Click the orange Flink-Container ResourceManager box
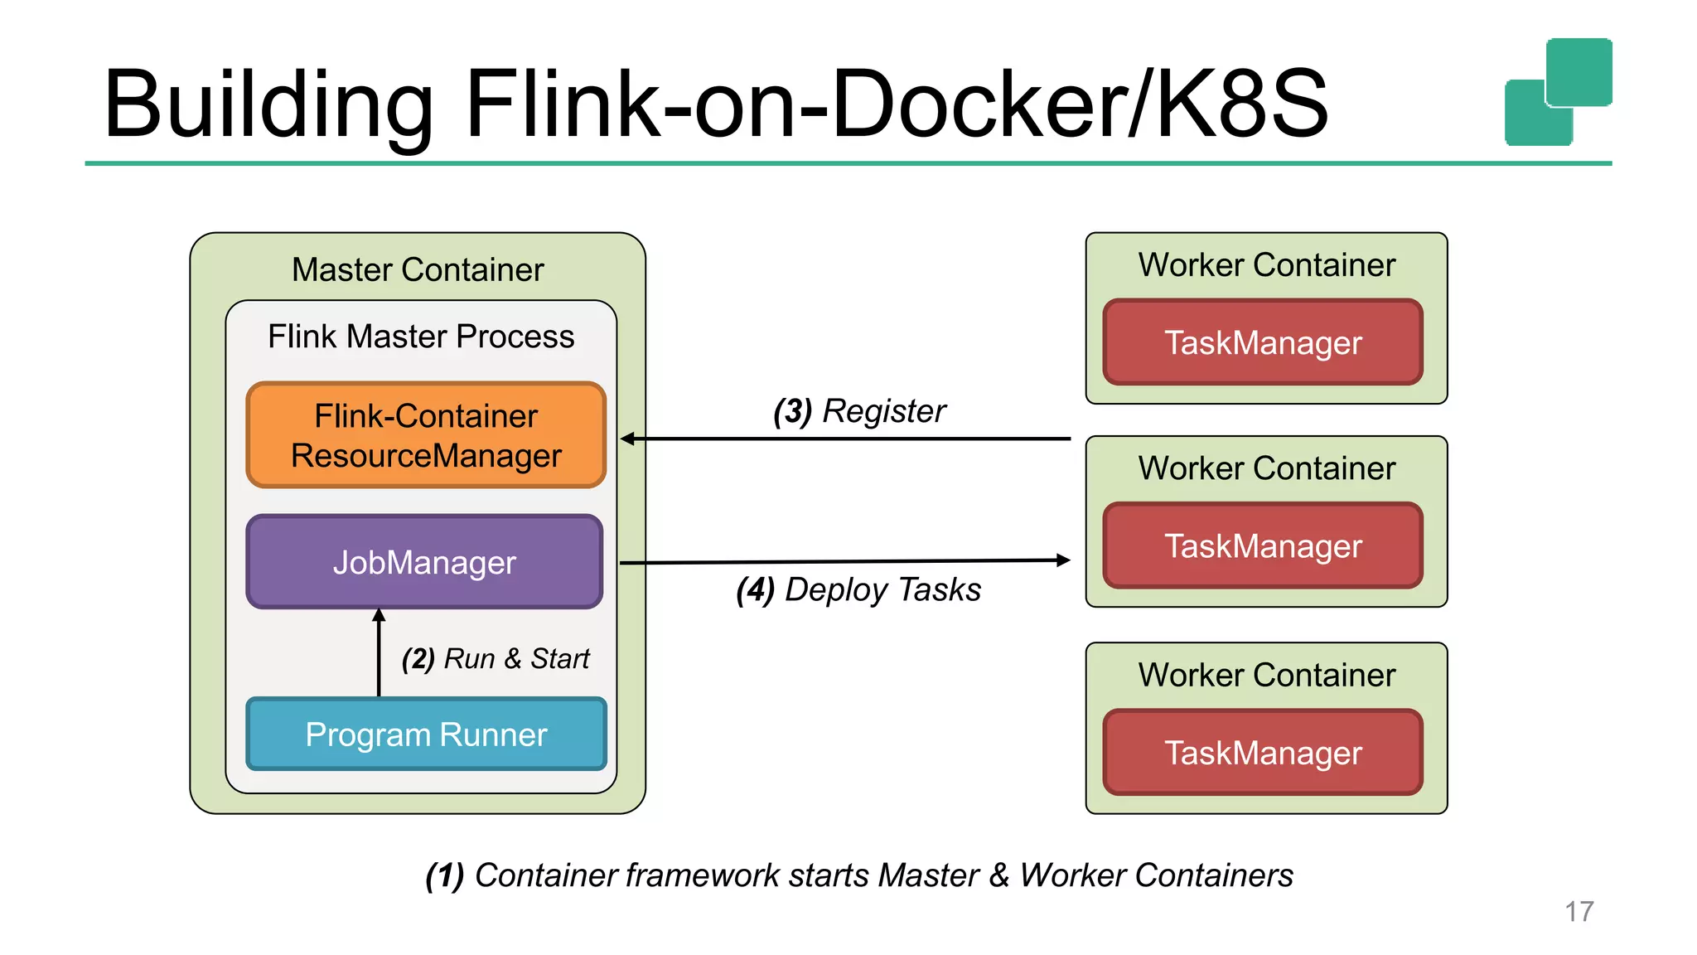[x=426, y=435]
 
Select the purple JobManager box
[x=424, y=562]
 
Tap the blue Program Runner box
[x=426, y=734]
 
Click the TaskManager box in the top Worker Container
[x=1263, y=342]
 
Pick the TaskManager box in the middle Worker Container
[x=1263, y=546]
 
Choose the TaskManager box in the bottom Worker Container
[x=1263, y=753]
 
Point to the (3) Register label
[x=859, y=411]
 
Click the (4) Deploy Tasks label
[x=858, y=589]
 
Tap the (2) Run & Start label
[x=496, y=658]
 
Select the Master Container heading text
[x=418, y=269]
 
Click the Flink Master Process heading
[x=421, y=337]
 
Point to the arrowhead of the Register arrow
[x=628, y=439]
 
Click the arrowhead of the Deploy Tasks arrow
[x=1063, y=560]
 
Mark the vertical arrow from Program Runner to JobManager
[x=379, y=655]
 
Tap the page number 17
[x=1579, y=911]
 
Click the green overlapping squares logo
[x=1558, y=92]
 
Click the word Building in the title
[x=268, y=104]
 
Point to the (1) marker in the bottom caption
[x=444, y=875]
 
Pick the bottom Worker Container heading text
[x=1266, y=675]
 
